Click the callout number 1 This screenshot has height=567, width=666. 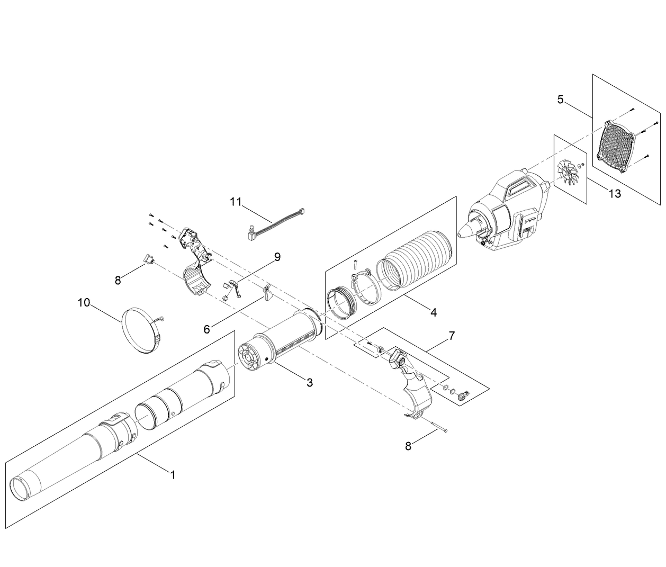[172, 475]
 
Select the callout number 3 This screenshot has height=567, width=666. [310, 382]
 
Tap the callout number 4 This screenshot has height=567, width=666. [433, 312]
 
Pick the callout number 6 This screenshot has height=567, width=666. [206, 329]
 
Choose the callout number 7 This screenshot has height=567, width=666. [451, 336]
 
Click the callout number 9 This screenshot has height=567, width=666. [277, 257]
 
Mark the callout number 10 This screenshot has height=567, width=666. [84, 302]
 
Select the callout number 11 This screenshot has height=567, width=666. [236, 201]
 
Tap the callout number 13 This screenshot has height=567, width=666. [614, 193]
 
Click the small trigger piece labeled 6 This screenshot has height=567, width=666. [267, 292]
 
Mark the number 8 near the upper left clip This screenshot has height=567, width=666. [118, 281]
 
